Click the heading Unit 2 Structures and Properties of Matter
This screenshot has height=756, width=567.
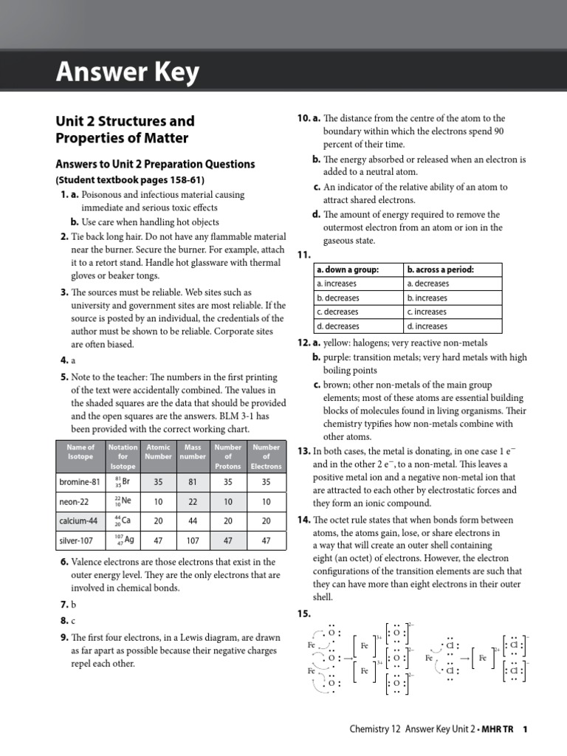(x=126, y=129)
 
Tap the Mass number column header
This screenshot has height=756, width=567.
(x=193, y=451)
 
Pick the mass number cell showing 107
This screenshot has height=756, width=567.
(x=193, y=540)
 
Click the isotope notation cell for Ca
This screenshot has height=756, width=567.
(x=123, y=520)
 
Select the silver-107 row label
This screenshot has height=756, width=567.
(x=76, y=540)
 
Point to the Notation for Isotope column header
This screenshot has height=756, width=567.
(x=123, y=456)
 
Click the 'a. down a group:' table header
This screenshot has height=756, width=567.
(x=347, y=269)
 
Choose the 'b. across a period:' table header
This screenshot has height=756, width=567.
(x=440, y=269)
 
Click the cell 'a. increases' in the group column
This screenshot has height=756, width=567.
(x=337, y=283)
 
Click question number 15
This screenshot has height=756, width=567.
(x=303, y=614)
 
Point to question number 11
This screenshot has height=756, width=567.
(x=303, y=255)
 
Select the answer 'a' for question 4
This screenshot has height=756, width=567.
(x=74, y=360)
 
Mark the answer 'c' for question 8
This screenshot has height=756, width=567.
(x=73, y=621)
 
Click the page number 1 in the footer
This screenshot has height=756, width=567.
(x=525, y=729)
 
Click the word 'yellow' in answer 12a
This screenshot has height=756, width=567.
(x=337, y=343)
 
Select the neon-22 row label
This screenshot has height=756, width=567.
(x=73, y=501)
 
